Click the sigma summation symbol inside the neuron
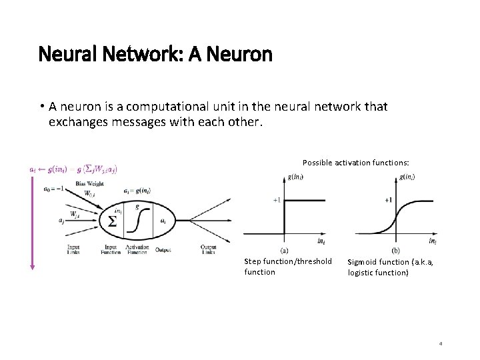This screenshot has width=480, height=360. (x=113, y=221)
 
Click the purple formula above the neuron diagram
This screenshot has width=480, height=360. (x=73, y=169)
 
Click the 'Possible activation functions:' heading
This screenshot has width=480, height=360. (x=355, y=163)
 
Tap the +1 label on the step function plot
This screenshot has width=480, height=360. (x=277, y=199)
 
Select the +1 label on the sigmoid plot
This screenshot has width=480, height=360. (x=388, y=199)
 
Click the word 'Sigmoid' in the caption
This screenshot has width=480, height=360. (x=364, y=262)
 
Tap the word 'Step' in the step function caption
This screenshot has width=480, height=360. (x=253, y=261)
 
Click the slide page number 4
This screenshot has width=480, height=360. (x=441, y=343)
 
